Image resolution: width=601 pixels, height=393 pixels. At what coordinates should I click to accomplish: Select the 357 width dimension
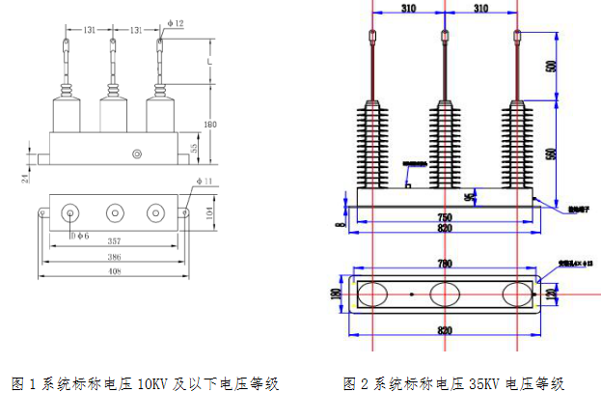tap(114, 240)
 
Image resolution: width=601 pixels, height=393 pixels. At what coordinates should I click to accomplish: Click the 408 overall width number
tap(114, 274)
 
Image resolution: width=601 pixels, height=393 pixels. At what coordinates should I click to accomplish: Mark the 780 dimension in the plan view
tap(445, 263)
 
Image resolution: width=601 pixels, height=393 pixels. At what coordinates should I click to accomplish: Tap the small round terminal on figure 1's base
tap(138, 153)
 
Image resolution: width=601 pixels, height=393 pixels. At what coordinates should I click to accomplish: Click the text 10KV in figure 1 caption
tap(151, 382)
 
